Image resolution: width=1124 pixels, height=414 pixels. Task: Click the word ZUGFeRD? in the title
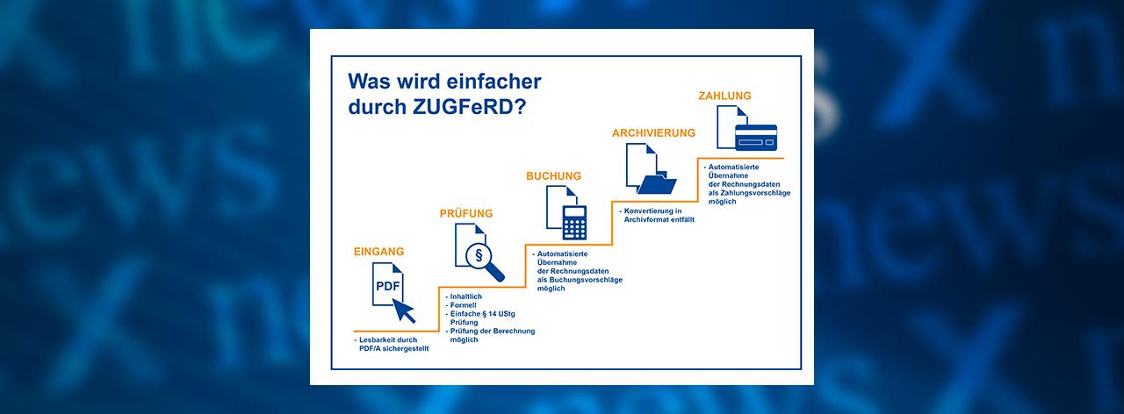tap(469, 107)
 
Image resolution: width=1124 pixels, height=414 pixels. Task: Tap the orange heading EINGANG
tap(378, 252)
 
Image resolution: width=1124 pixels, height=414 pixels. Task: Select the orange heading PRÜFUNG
tap(466, 213)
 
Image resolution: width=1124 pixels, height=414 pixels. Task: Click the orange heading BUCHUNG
tap(553, 176)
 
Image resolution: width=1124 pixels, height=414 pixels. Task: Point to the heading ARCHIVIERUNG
tap(653, 132)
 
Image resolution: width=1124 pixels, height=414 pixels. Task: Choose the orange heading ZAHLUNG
tap(724, 96)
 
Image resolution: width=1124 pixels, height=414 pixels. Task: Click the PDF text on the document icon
tap(388, 286)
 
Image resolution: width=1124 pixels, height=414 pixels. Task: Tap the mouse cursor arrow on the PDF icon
tap(404, 310)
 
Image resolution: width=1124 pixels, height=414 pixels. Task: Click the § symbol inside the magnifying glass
tap(479, 255)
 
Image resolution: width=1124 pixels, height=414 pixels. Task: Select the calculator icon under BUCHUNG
tap(574, 223)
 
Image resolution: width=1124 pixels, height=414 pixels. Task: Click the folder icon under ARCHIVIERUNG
tap(658, 184)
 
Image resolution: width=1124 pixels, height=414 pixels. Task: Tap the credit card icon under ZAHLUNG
tap(756, 138)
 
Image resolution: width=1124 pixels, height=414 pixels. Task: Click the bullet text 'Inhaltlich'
tap(465, 296)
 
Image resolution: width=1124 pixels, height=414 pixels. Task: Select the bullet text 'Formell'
tap(463, 305)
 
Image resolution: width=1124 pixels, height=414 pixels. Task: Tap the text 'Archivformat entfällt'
tap(659, 219)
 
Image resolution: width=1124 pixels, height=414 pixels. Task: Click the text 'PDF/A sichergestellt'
tap(394, 349)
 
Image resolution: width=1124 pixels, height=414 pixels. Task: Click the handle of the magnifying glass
tap(496, 273)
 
